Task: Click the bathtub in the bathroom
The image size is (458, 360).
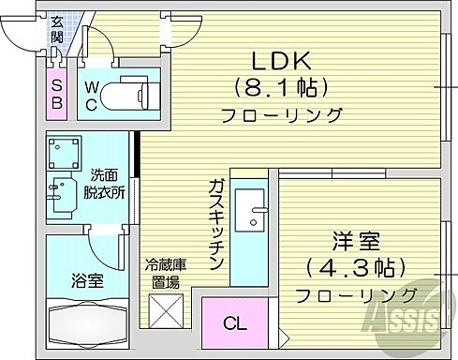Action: pos(85,323)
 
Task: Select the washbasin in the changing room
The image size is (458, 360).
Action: pos(60,196)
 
